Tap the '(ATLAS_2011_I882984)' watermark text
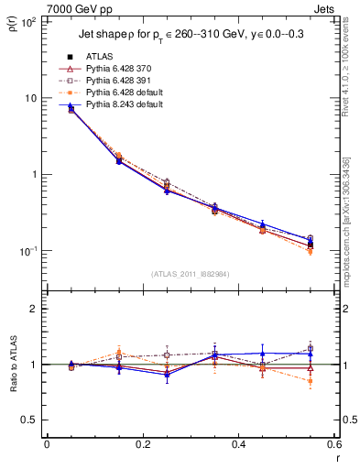[191, 274]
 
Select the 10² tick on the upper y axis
[28, 22]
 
